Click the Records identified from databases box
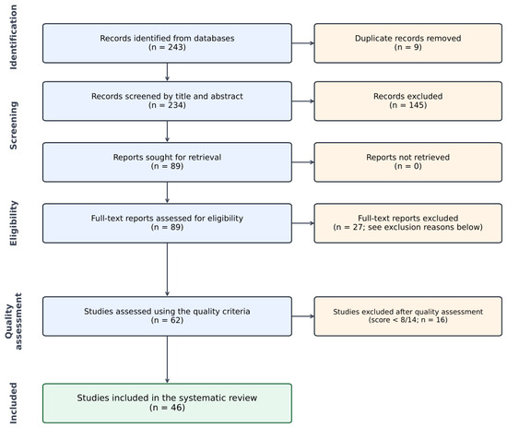click(x=167, y=43)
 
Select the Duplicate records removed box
click(x=408, y=43)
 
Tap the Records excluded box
click(x=408, y=101)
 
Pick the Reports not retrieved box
click(x=408, y=162)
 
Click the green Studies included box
click(x=167, y=403)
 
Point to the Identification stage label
click(x=13, y=37)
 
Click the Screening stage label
click(x=13, y=125)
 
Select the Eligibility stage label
click(x=13, y=223)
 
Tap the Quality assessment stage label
click(x=13, y=321)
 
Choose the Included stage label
click(x=13, y=403)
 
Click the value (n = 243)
click(x=167, y=47)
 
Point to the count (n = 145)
click(x=408, y=105)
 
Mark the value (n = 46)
click(x=167, y=408)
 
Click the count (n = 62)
click(x=167, y=320)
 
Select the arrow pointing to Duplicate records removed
click(x=303, y=43)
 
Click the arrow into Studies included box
click(x=167, y=360)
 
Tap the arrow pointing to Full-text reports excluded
click(x=303, y=223)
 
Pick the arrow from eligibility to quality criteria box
click(x=167, y=269)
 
